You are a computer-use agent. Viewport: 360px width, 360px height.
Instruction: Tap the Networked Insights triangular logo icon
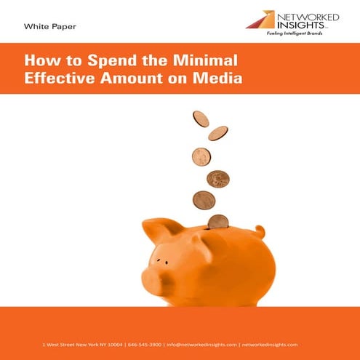260,20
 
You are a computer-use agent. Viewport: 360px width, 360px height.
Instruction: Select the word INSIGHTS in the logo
298,24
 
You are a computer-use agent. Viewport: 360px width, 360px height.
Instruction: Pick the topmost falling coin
201,119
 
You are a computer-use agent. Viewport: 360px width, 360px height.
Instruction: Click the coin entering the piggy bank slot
217,222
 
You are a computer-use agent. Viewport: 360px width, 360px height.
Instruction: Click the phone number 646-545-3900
145,344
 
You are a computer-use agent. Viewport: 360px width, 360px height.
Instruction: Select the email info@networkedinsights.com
201,344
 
